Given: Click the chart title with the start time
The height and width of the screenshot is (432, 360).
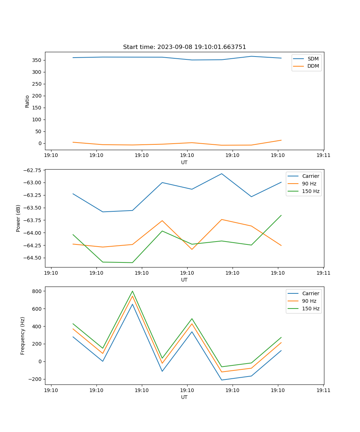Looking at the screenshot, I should [x=184, y=47].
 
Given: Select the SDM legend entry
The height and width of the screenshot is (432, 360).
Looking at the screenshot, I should [x=313, y=59].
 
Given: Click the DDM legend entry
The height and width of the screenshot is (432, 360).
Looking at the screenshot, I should [x=313, y=66].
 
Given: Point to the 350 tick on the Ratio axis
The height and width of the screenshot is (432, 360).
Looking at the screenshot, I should [x=37, y=60].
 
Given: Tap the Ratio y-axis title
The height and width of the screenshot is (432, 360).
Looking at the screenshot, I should [x=27, y=101].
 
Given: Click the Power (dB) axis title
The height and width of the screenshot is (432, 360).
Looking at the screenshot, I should [x=18, y=218].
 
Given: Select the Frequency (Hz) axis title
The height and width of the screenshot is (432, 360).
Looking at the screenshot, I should [x=23, y=336].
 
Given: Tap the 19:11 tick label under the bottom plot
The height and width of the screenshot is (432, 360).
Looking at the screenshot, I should [x=323, y=390].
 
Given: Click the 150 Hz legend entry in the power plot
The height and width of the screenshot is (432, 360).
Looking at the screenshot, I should [x=311, y=191].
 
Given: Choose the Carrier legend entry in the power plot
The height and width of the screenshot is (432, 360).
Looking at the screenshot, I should [x=310, y=176].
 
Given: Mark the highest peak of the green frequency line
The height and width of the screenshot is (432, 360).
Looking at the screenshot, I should [x=132, y=291].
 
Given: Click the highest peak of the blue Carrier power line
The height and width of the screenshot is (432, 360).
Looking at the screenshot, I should [x=222, y=174].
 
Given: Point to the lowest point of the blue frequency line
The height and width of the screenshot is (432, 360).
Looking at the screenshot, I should [x=222, y=380].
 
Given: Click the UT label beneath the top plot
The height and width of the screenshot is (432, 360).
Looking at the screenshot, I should [x=184, y=162].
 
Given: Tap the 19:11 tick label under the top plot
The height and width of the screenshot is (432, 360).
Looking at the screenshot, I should [x=323, y=155].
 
